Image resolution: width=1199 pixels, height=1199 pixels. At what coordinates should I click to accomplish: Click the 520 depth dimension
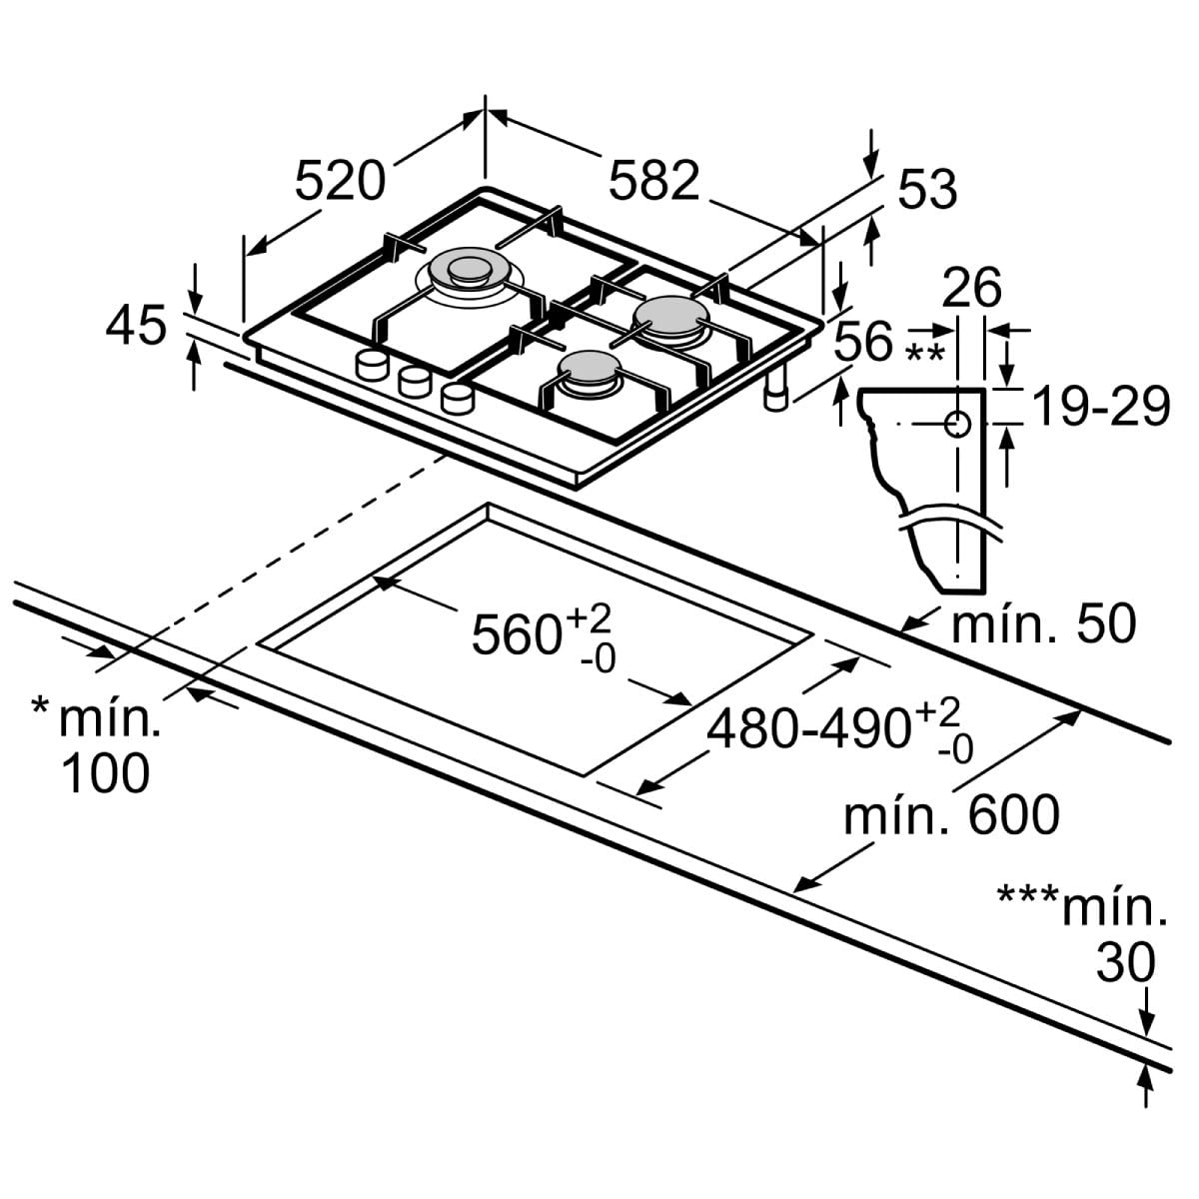point(340,181)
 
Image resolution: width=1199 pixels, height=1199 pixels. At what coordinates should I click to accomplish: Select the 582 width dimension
point(654,181)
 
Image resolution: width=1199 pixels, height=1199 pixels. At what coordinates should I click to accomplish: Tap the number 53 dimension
point(927,189)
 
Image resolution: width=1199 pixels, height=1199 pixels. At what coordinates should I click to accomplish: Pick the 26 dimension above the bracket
point(971,287)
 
